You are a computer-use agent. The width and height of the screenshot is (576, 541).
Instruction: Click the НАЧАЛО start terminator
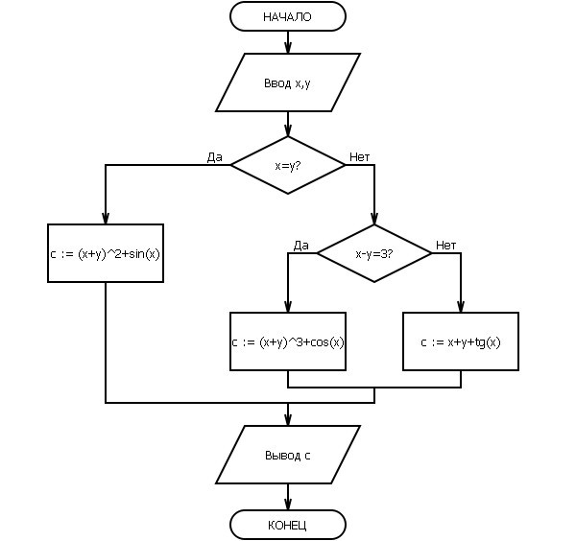pos(288,16)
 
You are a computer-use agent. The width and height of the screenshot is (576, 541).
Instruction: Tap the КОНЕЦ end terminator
pos(288,525)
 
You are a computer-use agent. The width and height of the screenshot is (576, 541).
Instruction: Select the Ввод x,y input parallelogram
pos(288,82)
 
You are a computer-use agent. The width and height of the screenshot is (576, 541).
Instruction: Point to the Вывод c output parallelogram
pos(288,455)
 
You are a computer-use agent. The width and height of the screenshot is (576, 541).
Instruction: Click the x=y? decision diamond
pos(288,165)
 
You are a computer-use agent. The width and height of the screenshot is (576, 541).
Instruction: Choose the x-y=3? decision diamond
pos(374,253)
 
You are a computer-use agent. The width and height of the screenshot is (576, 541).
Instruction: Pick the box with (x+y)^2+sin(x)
pos(106,253)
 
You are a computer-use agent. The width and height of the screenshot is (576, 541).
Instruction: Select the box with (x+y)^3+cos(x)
pos(288,341)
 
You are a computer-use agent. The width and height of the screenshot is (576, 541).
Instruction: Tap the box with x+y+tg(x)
pos(461,341)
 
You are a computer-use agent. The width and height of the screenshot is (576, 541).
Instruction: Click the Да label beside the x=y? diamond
pos(214,157)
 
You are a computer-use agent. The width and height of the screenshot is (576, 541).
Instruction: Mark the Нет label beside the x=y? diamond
pos(359,157)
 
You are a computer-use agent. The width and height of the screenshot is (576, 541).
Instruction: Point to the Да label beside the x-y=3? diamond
pos(300,246)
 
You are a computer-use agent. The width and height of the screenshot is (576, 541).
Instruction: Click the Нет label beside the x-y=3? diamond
pos(446,246)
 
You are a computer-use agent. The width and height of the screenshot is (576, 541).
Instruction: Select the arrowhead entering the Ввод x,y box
pos(288,48)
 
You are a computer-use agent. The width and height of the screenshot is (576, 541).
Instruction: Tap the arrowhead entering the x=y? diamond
pos(288,130)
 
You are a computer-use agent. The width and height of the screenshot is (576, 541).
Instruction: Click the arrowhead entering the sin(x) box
pos(106,218)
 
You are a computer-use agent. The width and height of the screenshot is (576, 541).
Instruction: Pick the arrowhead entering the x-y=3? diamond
pos(374,219)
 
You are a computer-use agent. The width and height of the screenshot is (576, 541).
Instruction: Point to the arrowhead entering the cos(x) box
pos(288,306)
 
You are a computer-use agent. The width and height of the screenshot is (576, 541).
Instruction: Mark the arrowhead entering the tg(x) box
pos(461,306)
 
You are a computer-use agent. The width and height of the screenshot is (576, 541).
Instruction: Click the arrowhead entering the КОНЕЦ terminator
pos(288,504)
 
